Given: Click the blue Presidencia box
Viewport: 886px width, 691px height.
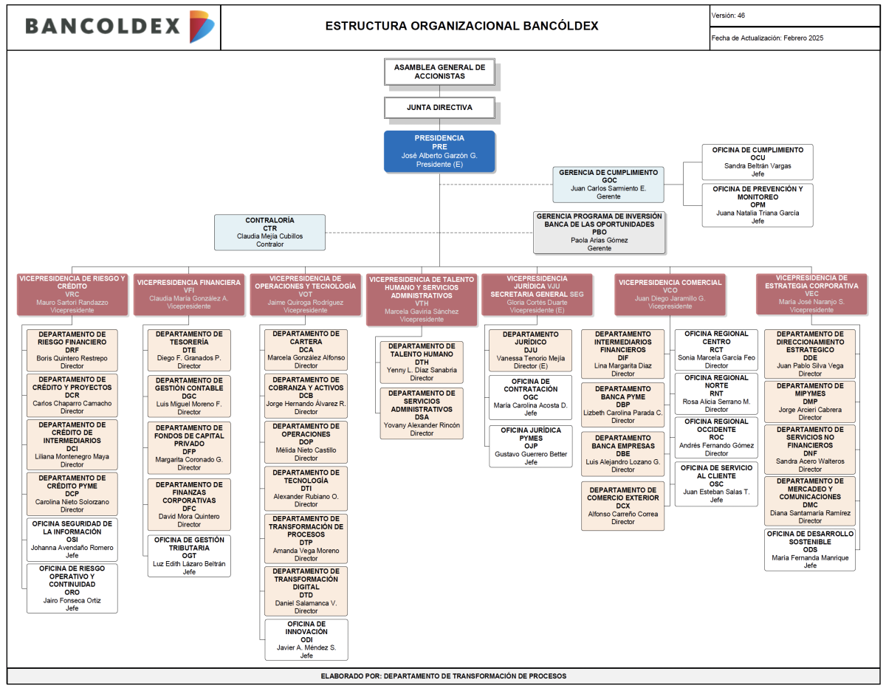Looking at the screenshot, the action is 439,151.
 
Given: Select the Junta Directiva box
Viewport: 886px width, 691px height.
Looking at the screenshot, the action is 439,108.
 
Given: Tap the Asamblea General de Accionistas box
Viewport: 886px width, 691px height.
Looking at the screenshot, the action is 439,72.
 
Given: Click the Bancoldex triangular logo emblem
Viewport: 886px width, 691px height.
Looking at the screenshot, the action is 202,27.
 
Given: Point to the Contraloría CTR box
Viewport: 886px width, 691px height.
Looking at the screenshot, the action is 269,233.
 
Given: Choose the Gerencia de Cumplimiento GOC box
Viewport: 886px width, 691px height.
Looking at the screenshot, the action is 608,185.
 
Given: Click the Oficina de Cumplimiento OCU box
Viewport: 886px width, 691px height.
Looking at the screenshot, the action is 757,162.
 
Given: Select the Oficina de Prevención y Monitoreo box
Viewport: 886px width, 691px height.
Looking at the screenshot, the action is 757,205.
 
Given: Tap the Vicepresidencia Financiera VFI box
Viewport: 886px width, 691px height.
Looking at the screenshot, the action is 189,295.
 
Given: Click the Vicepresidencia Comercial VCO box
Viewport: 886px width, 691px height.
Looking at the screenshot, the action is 670,295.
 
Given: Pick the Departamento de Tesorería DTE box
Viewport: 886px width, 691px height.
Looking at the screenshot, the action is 189,350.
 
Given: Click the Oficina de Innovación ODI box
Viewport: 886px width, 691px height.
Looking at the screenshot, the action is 306,639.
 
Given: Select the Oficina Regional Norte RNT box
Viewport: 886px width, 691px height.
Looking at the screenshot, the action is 716,393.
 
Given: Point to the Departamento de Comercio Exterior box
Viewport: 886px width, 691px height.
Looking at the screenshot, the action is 622,506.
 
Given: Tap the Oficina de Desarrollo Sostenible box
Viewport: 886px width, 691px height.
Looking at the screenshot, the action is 810,549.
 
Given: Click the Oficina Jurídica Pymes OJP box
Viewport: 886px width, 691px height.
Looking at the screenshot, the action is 530,446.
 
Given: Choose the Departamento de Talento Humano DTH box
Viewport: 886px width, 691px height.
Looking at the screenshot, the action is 422,362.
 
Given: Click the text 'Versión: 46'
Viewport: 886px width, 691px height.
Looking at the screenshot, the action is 728,16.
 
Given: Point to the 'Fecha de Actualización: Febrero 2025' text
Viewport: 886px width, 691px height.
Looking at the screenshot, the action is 767,38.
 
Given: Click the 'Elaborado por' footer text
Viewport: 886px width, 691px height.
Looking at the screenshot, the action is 443,676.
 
